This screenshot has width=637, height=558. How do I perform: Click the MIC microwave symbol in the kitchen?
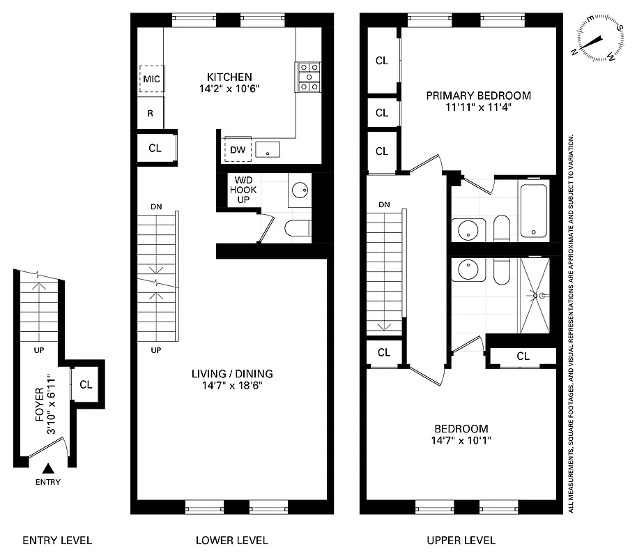(151, 79)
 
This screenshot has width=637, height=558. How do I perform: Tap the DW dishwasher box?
(236, 149)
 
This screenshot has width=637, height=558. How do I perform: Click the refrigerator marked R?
(150, 113)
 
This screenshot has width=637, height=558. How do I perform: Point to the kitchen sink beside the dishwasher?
(268, 149)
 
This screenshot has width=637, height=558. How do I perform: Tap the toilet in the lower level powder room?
(298, 228)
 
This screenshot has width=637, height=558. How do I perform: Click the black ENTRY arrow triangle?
(48, 469)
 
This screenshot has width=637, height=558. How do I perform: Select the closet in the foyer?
(86, 384)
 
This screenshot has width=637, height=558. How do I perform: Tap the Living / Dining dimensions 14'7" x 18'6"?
(231, 385)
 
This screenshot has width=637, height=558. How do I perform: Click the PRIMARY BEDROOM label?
(478, 96)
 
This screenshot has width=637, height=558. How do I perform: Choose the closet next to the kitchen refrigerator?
(155, 148)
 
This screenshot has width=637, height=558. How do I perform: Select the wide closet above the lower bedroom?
(523, 356)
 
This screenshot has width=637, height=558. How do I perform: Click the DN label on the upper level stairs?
(383, 205)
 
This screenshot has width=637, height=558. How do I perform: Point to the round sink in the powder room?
(300, 190)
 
